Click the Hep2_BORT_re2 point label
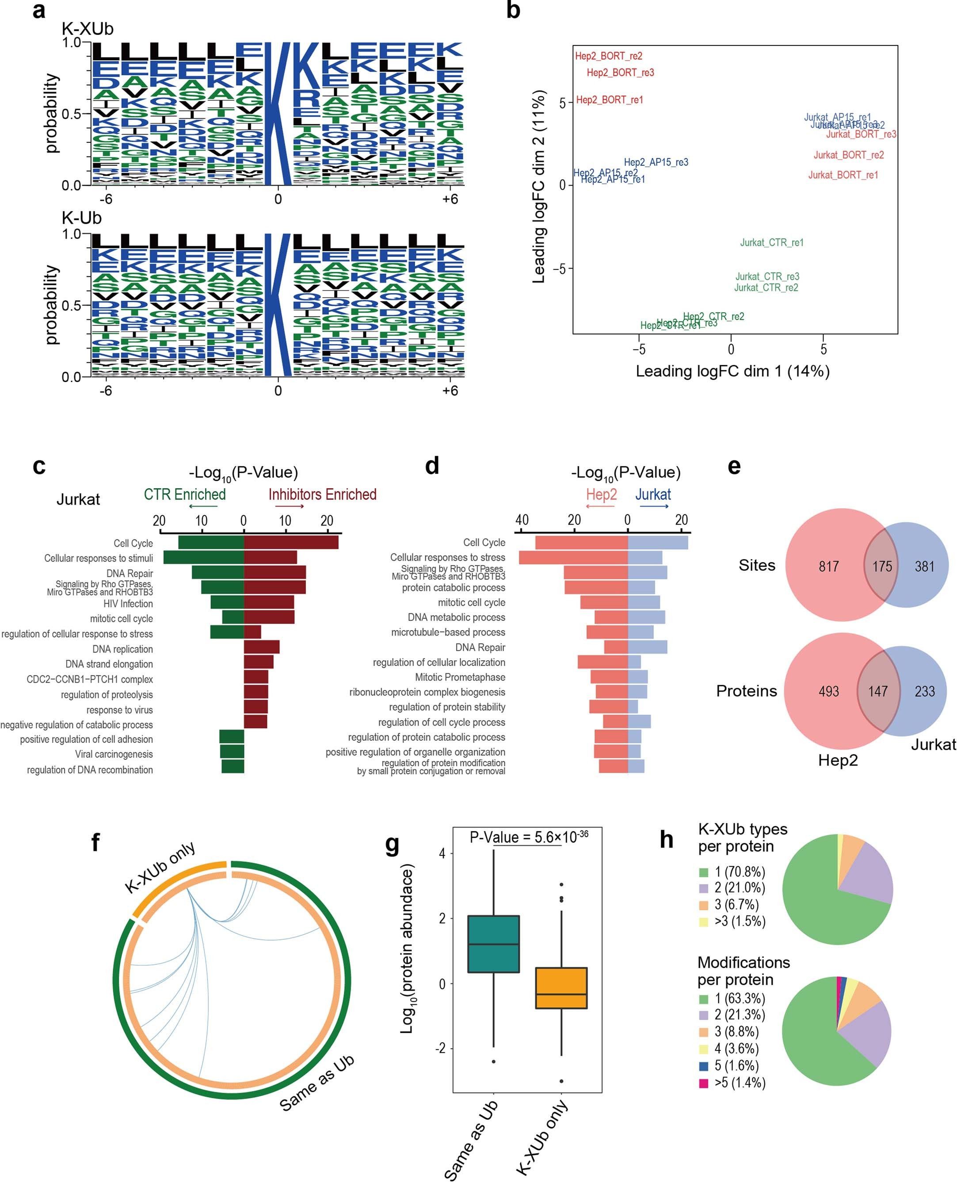609,56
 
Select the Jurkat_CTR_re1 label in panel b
771,243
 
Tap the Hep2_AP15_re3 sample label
656,162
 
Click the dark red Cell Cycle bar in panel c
291,543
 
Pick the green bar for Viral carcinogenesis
232,751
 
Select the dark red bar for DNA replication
262,647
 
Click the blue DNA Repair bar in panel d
648,647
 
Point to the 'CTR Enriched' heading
185,494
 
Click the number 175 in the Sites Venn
881,567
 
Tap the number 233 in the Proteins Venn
924,692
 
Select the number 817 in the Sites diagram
828,567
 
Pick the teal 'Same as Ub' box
493,944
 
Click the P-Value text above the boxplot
528,838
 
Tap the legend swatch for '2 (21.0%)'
703,888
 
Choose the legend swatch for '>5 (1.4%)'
703,1083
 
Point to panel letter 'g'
392,843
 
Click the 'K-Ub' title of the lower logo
82,218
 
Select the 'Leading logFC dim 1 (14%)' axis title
732,371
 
